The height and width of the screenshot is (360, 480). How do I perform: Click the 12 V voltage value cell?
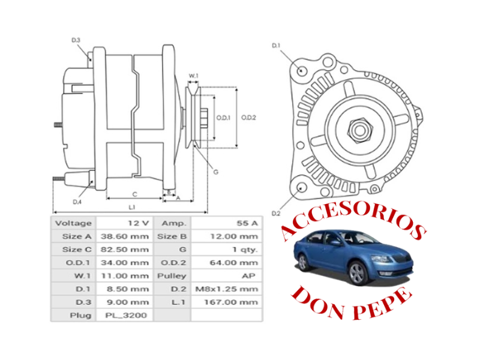tap(138, 223)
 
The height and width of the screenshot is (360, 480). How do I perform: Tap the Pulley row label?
tap(172, 276)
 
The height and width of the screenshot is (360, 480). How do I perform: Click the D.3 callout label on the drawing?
tap(76, 40)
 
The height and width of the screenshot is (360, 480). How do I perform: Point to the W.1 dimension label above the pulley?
tap(193, 76)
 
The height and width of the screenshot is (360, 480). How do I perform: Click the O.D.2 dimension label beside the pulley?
tap(249, 118)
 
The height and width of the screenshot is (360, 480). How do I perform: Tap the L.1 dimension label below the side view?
tap(131, 206)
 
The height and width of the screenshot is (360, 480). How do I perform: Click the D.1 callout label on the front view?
tap(277, 45)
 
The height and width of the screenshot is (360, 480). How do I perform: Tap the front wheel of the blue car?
tap(358, 274)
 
